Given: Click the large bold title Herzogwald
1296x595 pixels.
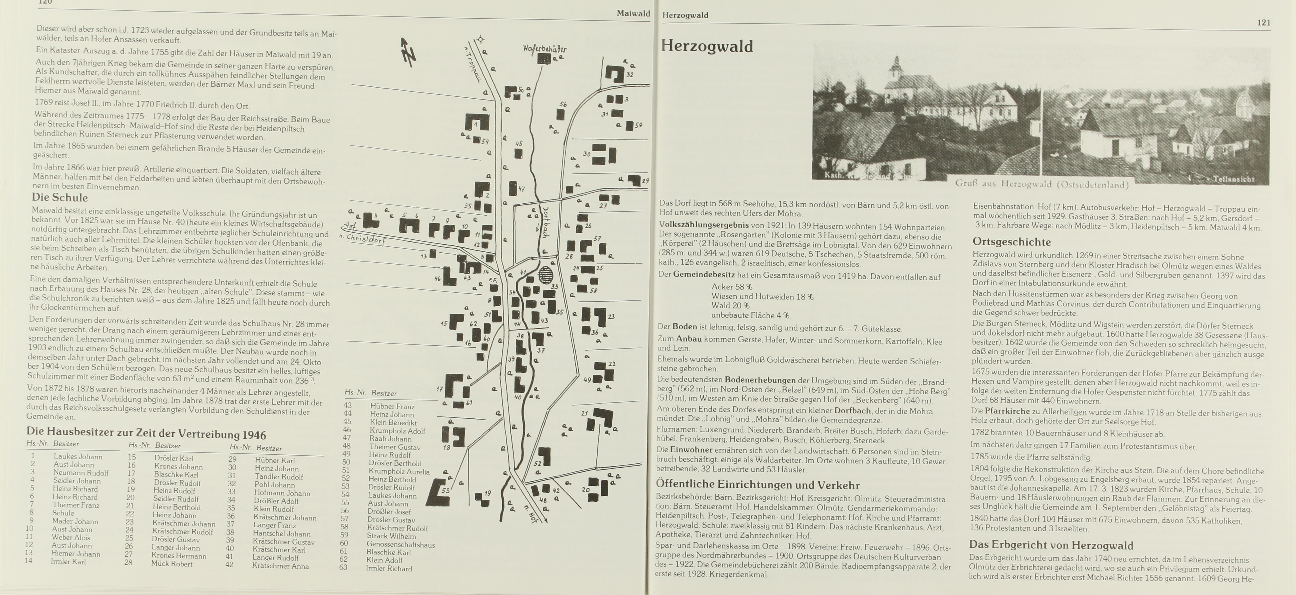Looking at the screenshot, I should tap(706, 46).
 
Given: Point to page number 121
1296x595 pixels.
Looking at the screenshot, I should tap(1263, 23).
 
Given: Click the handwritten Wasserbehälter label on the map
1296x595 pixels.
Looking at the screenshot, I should tap(544, 49).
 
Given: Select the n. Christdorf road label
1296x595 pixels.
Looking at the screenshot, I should tap(363, 239).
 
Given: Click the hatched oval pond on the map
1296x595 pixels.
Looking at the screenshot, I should tap(545, 275).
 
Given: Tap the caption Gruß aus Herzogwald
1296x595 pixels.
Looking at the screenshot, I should tap(1041, 184).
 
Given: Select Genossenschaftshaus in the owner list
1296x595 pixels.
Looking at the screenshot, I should tap(400, 544).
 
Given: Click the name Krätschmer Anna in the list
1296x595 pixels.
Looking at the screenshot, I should tap(280, 566).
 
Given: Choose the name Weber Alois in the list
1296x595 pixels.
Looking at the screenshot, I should tap(71, 537).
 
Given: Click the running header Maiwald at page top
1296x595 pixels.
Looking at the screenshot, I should tap(633, 13).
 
